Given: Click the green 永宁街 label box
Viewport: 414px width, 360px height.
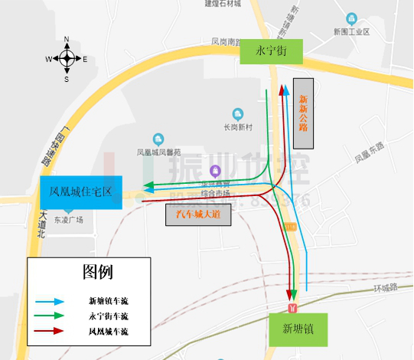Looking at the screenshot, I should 271,51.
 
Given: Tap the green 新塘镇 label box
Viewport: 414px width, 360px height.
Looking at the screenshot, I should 297,329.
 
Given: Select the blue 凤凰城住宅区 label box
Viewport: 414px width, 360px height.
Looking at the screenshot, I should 80,191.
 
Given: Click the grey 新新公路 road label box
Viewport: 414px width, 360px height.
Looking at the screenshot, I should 304,113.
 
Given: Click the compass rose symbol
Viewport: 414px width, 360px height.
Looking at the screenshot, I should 67,58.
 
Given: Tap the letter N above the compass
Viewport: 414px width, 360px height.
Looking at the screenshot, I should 67,39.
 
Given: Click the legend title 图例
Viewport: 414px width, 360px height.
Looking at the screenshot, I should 98,272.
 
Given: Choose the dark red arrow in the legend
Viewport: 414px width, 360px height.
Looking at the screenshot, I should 49,332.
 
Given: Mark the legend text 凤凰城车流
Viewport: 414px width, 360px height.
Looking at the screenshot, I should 109,332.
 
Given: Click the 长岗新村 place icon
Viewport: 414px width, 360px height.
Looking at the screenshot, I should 237,113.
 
